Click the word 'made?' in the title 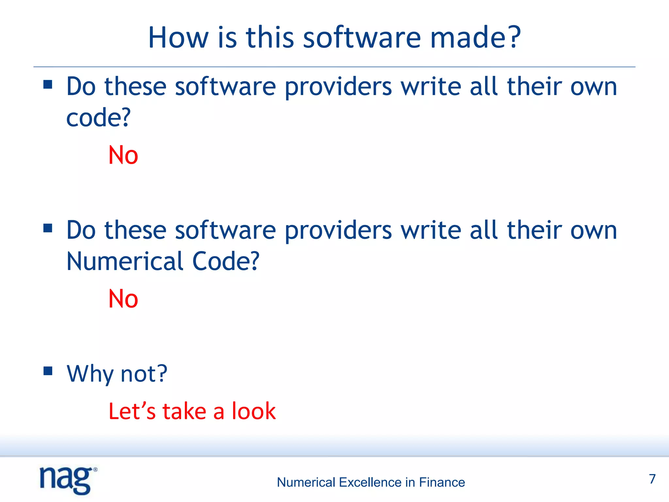coord(475,38)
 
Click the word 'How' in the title coord(178,38)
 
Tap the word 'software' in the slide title coord(362,38)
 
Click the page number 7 coord(652,479)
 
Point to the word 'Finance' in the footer coord(442,482)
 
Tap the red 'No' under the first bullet coord(123,155)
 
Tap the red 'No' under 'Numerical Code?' coord(123,299)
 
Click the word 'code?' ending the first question coord(98,118)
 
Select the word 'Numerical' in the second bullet coord(125,261)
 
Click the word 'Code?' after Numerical coord(226,261)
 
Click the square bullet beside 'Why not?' coord(48,371)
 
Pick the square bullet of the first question coord(48,84)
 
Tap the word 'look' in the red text coord(254,411)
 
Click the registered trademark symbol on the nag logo coord(95,469)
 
